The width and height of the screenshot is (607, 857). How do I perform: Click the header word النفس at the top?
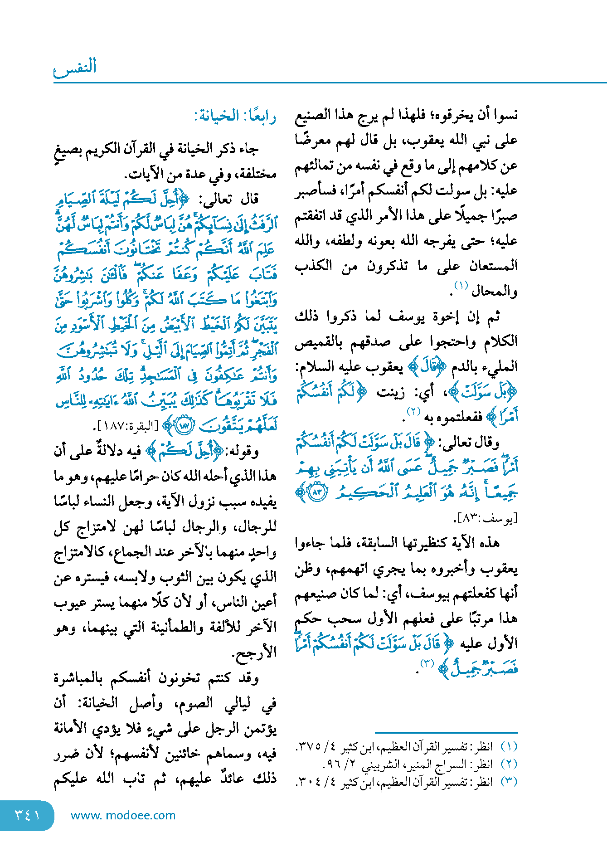point(75,67)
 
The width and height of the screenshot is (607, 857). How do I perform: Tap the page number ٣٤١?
point(27,815)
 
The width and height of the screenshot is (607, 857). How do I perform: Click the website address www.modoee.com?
point(123,815)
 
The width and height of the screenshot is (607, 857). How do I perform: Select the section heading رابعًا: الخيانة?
point(235,116)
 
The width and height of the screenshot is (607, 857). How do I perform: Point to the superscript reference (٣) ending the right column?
point(427,663)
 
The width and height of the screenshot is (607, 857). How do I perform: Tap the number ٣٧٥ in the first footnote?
point(310,746)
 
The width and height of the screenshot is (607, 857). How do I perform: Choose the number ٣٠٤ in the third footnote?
point(310,782)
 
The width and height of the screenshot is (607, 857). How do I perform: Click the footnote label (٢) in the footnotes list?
point(509,764)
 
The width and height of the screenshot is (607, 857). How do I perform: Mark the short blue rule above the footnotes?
point(446,732)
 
